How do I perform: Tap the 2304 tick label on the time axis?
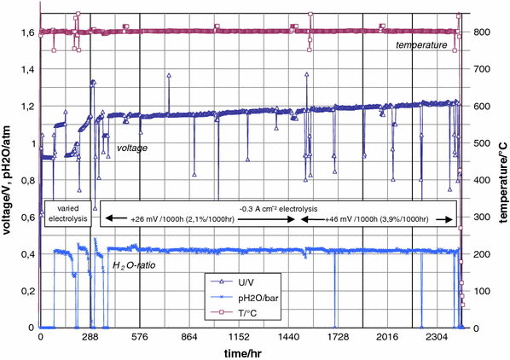click(438, 338)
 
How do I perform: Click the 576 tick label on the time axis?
click(140, 338)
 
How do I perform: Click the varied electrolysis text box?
click(67, 212)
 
